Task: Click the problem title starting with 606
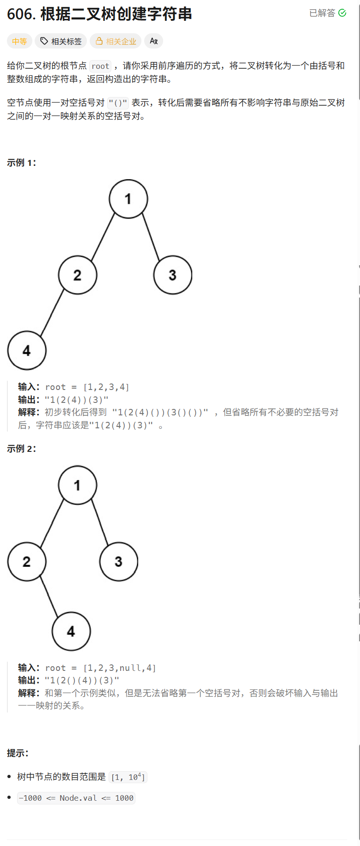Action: point(99,14)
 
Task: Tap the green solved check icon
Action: point(342,13)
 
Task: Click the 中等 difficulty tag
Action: point(19,42)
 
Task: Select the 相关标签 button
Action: point(61,42)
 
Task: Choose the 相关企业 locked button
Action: point(116,42)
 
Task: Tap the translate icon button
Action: point(154,41)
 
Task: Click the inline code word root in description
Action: point(100,66)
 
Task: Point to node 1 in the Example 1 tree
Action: point(128,199)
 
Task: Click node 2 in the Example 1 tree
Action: point(78,275)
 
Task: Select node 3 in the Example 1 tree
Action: point(172,275)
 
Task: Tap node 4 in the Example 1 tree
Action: point(27,351)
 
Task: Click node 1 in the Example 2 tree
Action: point(77,485)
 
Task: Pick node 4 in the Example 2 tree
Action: point(71,632)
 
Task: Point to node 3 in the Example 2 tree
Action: point(119,561)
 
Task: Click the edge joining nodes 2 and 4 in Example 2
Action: point(49,596)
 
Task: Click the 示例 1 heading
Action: point(21,163)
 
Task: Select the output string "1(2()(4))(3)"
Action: point(82,680)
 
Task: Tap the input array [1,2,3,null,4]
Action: point(119,668)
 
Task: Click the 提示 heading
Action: point(18,753)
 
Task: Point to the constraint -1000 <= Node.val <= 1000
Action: point(76,798)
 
